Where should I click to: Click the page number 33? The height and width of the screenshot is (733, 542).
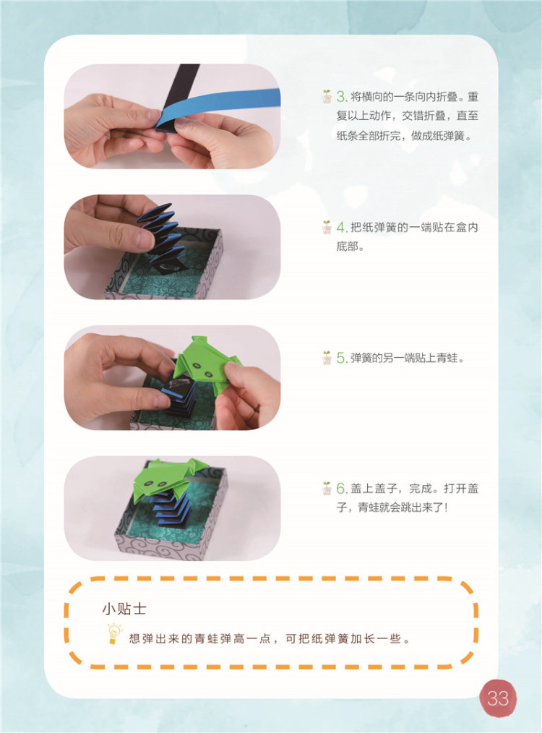coord(498,698)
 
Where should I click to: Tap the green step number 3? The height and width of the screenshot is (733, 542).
coord(341,97)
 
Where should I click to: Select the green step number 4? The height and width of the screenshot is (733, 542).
coord(341,228)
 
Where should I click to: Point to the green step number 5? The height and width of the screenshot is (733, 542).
coord(341,358)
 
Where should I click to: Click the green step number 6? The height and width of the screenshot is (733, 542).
coord(341,489)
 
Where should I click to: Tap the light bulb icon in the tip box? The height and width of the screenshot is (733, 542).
coord(113,634)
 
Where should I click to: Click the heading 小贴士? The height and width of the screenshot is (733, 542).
coord(124,609)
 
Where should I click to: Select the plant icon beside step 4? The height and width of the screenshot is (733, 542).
coord(327,227)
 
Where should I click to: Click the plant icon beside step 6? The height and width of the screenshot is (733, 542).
coord(327,488)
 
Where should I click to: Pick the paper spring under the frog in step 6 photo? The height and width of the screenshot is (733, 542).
coord(171,509)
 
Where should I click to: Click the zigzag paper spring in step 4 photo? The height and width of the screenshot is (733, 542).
coord(161,238)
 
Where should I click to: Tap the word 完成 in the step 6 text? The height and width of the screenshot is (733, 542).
coord(420,489)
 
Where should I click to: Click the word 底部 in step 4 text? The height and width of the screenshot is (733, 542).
coord(347,247)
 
